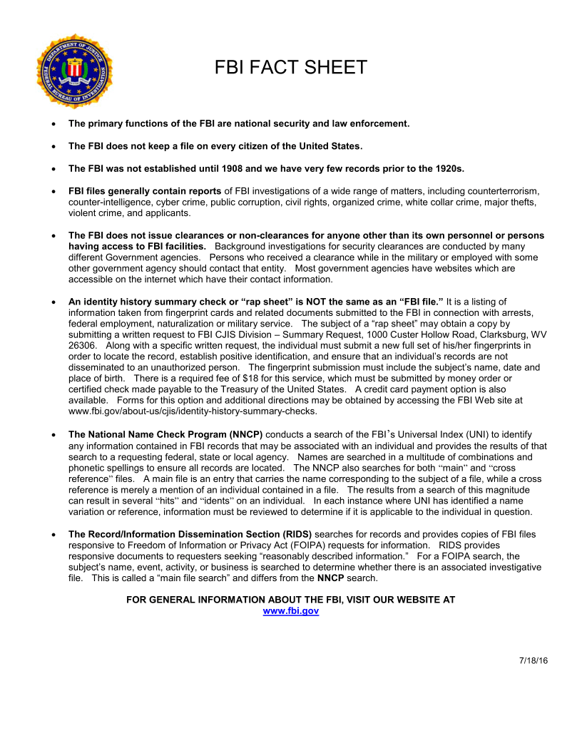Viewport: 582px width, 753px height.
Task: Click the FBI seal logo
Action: tap(74, 70)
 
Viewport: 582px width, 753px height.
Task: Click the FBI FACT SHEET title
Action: tap(290, 68)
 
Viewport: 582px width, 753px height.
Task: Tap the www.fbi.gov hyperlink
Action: tap(290, 611)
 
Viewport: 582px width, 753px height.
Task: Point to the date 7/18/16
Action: tap(533, 660)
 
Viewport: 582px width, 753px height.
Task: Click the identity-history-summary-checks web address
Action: tap(193, 411)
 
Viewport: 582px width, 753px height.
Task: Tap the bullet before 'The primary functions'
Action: tap(54, 124)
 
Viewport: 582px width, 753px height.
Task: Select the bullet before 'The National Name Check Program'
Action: tap(54, 434)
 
